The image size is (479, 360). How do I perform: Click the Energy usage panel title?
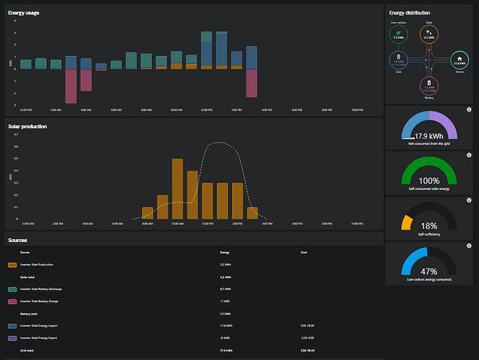(x=24, y=13)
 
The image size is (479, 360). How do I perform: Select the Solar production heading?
(x=27, y=127)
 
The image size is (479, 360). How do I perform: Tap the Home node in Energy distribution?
(x=459, y=60)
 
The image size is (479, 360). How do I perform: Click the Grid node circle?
(x=398, y=60)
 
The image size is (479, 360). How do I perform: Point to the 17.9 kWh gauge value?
(x=429, y=135)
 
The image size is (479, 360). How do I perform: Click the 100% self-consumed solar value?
(x=429, y=180)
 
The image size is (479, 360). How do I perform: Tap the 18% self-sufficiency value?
(x=429, y=225)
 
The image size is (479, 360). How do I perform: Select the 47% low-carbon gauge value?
(x=429, y=271)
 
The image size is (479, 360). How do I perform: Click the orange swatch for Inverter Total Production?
(x=12, y=265)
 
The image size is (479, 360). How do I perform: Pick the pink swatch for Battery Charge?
(x=12, y=301)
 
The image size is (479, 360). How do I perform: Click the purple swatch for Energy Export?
(x=12, y=338)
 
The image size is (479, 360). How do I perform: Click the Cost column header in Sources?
(x=303, y=252)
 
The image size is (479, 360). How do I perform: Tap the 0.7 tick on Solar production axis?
(x=15, y=135)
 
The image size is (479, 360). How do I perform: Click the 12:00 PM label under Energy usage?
(x=206, y=110)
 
